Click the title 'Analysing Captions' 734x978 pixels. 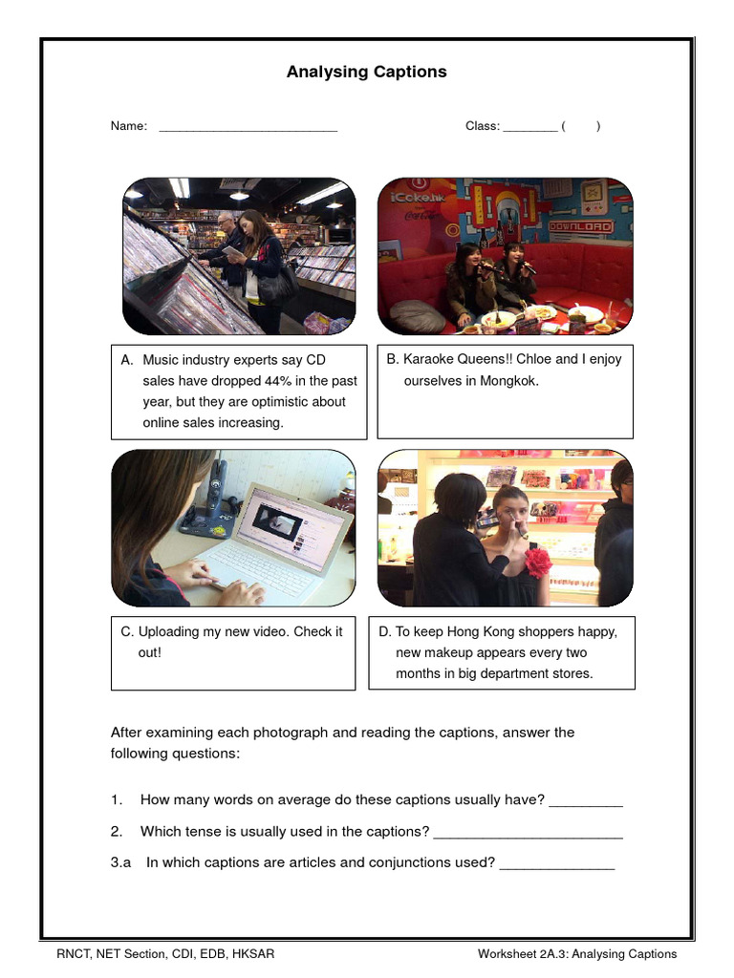pos(366,73)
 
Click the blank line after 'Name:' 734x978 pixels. pos(248,128)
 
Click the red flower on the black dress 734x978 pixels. pos(537,562)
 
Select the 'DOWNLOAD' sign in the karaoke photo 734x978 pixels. pos(579,227)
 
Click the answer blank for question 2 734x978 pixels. pos(528,833)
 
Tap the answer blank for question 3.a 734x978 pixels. pos(557,864)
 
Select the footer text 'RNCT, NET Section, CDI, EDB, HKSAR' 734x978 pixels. pos(164,954)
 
